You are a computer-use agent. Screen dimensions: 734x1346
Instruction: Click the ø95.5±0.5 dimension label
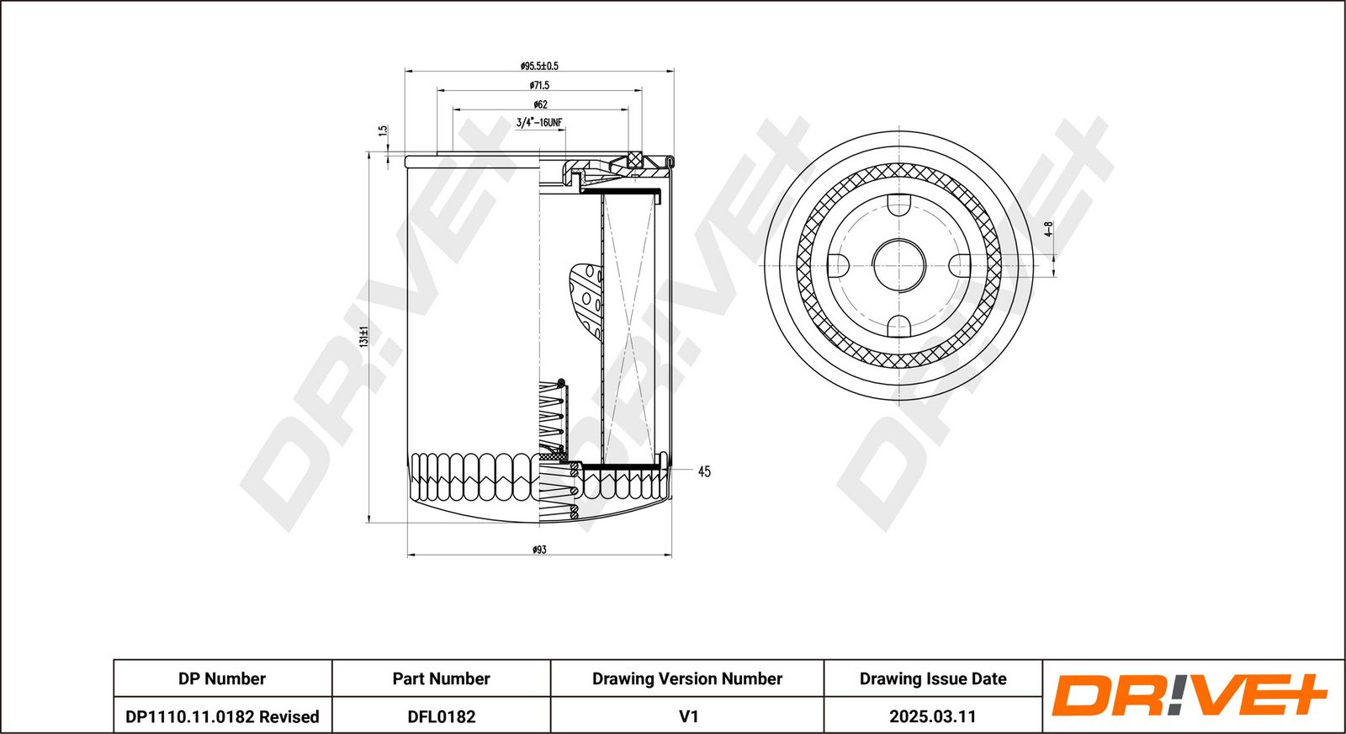coord(539,66)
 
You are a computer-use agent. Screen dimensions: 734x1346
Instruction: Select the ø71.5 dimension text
coord(539,85)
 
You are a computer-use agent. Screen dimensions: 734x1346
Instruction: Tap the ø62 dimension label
coord(540,104)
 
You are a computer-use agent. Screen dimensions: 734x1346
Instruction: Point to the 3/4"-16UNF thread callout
coord(539,123)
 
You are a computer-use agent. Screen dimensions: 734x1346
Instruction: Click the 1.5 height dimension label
coord(384,131)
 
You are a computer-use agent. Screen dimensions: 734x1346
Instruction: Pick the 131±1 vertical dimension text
coord(364,338)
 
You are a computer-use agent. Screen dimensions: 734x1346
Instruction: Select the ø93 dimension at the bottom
coord(539,550)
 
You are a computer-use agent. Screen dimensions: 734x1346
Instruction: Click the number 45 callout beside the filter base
coord(704,471)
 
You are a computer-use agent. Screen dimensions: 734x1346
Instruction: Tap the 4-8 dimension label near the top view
coord(1048,229)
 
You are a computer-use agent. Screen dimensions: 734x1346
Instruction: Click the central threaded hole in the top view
coord(898,265)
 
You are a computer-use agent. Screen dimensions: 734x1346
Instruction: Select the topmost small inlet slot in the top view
coord(898,205)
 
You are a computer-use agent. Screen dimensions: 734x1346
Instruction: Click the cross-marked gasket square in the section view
coord(635,158)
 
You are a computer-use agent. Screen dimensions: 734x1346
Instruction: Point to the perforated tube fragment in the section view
coord(587,299)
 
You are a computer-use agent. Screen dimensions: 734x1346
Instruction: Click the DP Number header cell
coord(222,678)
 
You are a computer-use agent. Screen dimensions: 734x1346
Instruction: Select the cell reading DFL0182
coord(441,716)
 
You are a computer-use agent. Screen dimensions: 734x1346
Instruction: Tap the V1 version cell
coord(687,716)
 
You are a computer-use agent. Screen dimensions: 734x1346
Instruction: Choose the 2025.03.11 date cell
coord(932,716)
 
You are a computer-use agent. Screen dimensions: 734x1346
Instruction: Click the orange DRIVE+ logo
coord(1189,696)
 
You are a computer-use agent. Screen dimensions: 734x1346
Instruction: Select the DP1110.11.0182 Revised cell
coord(222,716)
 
